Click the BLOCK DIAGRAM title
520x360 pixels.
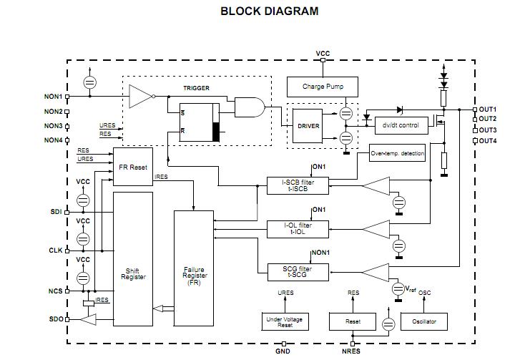(x=269, y=11)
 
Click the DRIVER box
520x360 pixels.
(x=308, y=126)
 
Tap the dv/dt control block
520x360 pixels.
(x=401, y=125)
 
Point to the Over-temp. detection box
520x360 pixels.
(x=397, y=154)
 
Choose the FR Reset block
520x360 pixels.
(x=133, y=167)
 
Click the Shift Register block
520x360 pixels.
(x=133, y=273)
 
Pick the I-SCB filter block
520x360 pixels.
(x=298, y=186)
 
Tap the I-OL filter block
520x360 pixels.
(x=298, y=229)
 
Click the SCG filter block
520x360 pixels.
(x=298, y=271)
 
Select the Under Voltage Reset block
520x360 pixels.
(x=285, y=321)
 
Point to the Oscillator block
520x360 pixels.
(x=424, y=321)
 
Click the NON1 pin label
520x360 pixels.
(x=54, y=96)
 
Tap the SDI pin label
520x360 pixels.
(x=57, y=212)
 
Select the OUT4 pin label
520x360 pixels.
(x=488, y=141)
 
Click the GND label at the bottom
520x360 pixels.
(x=283, y=351)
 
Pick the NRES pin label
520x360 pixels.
(x=352, y=351)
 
